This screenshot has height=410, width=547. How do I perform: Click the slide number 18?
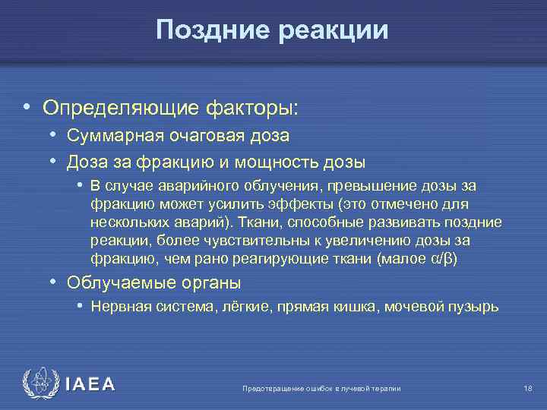[527, 389]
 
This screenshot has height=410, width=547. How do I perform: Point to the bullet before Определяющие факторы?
[27, 108]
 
